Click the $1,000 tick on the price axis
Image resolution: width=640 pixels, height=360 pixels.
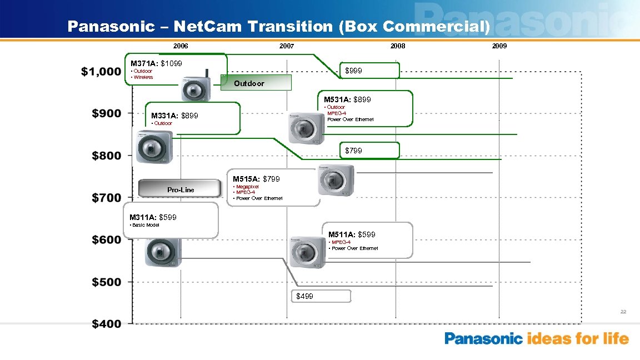[101, 72]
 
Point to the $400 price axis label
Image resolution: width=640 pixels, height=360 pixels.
[106, 324]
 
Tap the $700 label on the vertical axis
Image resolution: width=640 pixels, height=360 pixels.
[106, 198]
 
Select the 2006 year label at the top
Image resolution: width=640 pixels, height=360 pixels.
[181, 46]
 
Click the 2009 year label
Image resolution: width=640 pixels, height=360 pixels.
[499, 46]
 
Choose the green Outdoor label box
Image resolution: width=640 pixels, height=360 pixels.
[256, 83]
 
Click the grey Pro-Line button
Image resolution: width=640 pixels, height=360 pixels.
[180, 190]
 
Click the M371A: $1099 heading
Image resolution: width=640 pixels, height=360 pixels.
[156, 63]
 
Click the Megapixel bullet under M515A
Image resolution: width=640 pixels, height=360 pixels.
[247, 187]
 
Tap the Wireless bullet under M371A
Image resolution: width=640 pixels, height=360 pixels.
[142, 77]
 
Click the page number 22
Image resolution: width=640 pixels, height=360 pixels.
[623, 312]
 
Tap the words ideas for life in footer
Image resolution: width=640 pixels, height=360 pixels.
[578, 338]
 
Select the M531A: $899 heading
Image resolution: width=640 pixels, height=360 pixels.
[352, 99]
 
